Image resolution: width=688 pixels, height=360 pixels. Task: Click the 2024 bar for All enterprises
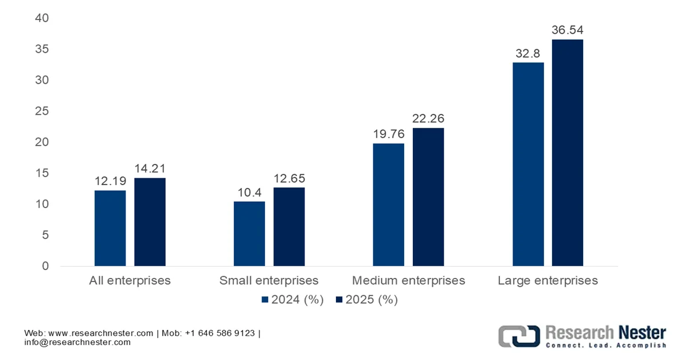click(x=110, y=228)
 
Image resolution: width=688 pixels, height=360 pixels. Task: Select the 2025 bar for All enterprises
click(x=150, y=222)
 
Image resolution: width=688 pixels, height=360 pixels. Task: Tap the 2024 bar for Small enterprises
click(x=249, y=233)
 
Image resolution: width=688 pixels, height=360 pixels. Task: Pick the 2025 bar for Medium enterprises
click(x=428, y=197)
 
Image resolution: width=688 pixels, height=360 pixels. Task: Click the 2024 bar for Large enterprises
click(x=528, y=164)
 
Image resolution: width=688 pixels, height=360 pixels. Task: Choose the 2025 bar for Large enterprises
click(x=567, y=152)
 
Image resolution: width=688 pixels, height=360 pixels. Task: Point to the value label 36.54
click(x=567, y=30)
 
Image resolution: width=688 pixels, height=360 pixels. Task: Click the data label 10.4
click(x=249, y=193)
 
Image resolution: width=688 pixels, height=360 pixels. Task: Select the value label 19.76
click(x=389, y=134)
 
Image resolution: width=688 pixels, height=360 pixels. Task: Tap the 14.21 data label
click(x=150, y=169)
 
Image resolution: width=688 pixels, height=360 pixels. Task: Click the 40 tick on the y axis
click(x=42, y=18)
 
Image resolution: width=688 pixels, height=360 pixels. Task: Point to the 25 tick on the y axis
click(x=42, y=111)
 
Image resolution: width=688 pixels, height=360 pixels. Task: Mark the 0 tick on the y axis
click(x=45, y=266)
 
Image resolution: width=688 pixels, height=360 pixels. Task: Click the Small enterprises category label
click(x=269, y=281)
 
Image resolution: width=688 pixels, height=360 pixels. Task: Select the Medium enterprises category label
click(x=408, y=281)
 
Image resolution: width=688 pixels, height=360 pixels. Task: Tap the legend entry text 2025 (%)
click(x=372, y=300)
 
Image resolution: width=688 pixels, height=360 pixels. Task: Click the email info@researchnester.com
click(x=77, y=342)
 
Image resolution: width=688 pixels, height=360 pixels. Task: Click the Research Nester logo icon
click(x=518, y=335)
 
